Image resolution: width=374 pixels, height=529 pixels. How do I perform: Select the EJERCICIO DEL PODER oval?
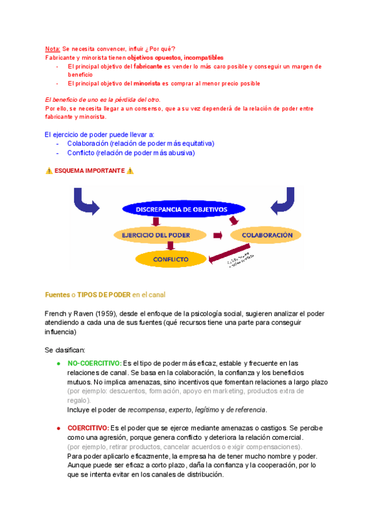click(x=160, y=235)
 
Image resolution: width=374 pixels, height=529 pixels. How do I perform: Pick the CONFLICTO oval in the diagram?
click(x=171, y=258)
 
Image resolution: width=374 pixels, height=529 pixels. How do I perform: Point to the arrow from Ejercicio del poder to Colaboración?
click(x=218, y=235)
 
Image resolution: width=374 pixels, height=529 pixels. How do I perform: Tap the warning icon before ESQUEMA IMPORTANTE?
click(x=49, y=171)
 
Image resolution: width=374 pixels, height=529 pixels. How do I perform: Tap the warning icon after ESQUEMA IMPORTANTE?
click(x=130, y=171)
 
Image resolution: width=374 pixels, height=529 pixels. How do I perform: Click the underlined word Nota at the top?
click(x=52, y=49)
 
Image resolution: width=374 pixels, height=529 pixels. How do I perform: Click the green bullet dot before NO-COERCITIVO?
click(x=58, y=363)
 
